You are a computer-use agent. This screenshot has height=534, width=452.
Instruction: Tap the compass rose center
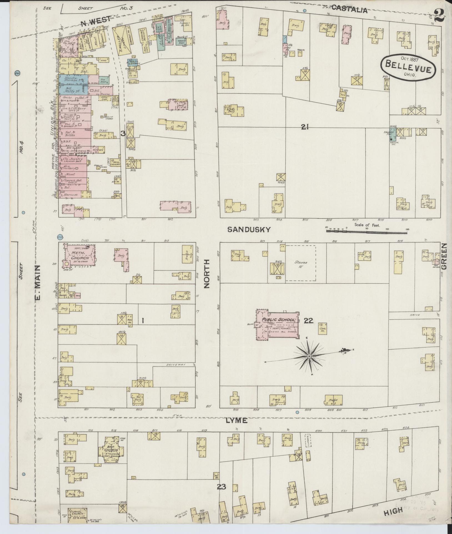(x=309, y=356)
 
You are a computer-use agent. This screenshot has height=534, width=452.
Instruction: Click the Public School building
(x=278, y=324)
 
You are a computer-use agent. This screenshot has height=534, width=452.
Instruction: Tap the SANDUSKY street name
(x=249, y=229)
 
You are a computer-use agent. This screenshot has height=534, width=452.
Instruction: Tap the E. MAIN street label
(x=38, y=282)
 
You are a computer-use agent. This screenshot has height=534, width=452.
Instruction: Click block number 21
(x=305, y=127)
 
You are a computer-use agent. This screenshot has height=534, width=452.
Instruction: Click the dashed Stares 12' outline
(x=300, y=263)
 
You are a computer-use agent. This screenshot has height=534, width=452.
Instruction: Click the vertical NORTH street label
(x=207, y=274)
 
